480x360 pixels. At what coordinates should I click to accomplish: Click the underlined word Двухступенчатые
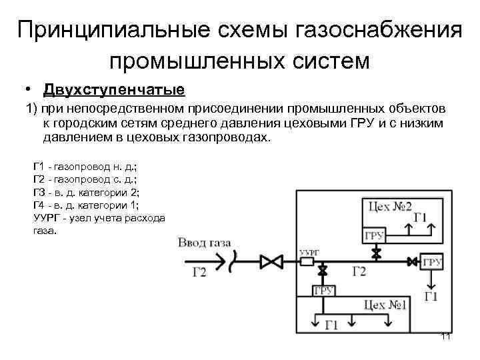113,89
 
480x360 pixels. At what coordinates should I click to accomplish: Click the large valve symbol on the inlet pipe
271,261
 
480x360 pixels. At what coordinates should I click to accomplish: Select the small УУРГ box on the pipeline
308,261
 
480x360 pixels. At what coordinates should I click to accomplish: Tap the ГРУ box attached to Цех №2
373,237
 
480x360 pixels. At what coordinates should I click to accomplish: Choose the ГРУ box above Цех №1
324,291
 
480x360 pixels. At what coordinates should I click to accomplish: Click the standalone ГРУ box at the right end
431,261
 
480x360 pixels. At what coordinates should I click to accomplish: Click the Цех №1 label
385,305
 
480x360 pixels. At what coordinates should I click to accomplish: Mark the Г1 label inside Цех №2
420,217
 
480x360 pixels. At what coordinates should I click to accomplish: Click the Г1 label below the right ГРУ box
431,297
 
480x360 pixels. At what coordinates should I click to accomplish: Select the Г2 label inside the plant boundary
359,271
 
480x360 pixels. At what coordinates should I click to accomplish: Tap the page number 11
446,336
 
